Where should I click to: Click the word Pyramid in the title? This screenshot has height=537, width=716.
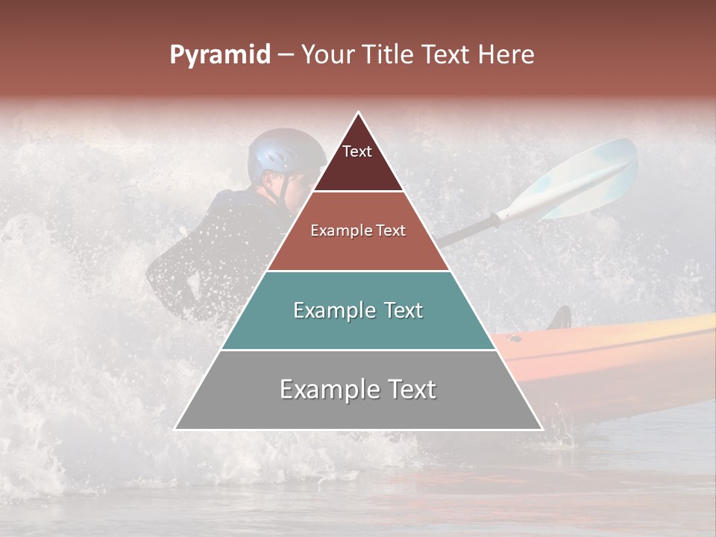(219, 55)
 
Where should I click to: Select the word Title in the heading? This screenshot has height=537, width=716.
(390, 55)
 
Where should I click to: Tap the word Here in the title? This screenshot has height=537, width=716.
(506, 55)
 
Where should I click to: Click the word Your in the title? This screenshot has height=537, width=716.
(327, 55)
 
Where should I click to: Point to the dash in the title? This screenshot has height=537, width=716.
(285, 55)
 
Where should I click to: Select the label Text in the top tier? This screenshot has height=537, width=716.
(357, 151)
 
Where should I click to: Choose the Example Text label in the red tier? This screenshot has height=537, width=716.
(358, 230)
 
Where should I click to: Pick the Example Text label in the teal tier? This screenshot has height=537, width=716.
(358, 310)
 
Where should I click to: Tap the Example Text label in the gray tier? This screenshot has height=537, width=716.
(358, 389)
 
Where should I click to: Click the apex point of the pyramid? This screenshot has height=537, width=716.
(359, 113)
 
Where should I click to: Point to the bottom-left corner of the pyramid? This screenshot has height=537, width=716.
(176, 429)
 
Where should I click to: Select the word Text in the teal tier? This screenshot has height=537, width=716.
(399, 310)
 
